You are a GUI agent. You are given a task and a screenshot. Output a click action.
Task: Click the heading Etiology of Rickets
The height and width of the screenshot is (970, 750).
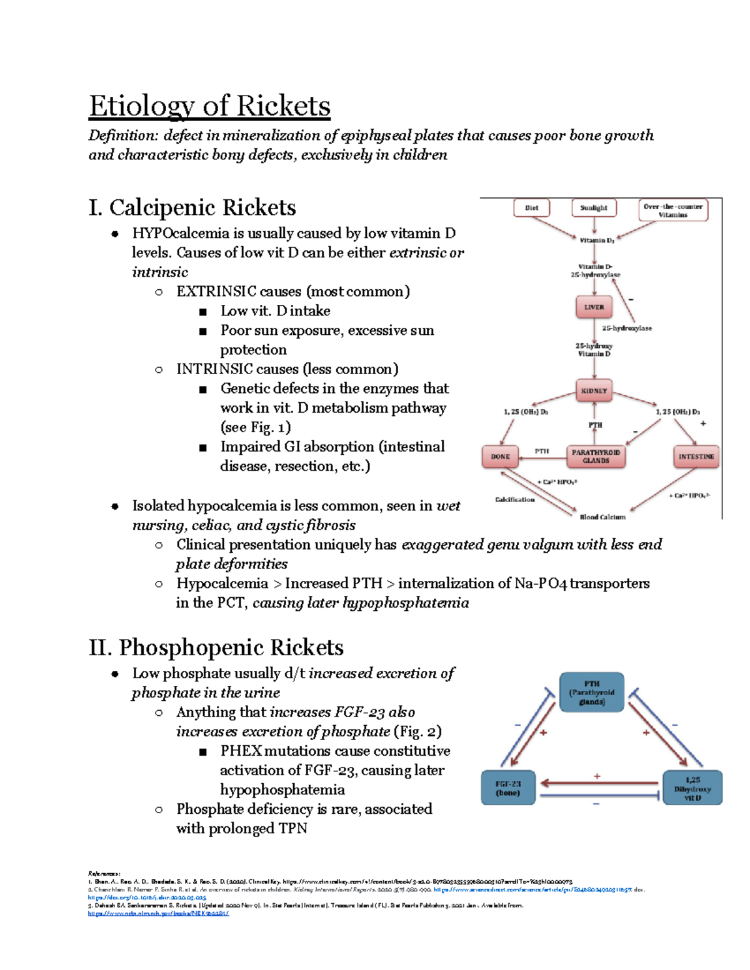pyautogui.click(x=209, y=106)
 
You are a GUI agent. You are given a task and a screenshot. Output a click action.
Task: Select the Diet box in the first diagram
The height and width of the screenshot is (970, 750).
pyautogui.click(x=531, y=208)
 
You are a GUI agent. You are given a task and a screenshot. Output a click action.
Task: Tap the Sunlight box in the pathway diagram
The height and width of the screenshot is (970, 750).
pyautogui.click(x=593, y=208)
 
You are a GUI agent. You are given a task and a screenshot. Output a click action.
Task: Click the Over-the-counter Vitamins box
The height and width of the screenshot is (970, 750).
pyautogui.click(x=672, y=210)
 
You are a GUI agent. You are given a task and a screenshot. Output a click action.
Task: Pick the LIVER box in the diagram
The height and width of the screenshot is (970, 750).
pyautogui.click(x=594, y=307)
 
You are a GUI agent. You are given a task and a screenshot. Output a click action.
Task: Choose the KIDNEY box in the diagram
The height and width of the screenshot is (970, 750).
pyautogui.click(x=594, y=391)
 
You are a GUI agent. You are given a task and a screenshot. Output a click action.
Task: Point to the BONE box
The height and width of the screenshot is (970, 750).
pyautogui.click(x=500, y=457)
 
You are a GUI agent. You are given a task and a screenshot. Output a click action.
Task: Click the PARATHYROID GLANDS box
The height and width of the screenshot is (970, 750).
pyautogui.click(x=596, y=457)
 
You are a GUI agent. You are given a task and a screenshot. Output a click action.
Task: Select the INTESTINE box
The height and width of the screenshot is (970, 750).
pyautogui.click(x=696, y=457)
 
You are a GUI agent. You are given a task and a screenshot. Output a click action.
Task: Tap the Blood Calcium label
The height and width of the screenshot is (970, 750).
pyautogui.click(x=602, y=517)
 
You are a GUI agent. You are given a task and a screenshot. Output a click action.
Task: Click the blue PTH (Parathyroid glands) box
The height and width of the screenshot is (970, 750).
pyautogui.click(x=591, y=692)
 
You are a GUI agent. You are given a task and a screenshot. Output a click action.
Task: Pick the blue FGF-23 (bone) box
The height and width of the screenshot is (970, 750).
pyautogui.click(x=507, y=788)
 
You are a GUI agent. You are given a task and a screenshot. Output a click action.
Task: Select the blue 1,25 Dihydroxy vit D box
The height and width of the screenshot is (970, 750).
pyautogui.click(x=692, y=788)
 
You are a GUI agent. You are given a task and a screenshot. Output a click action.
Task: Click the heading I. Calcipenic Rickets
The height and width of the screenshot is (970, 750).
pyautogui.click(x=192, y=208)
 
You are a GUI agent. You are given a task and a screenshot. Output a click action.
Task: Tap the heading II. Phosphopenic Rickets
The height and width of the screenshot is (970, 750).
pyautogui.click(x=216, y=648)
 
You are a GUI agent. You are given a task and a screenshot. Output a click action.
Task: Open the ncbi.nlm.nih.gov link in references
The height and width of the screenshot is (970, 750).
pyautogui.click(x=158, y=913)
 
